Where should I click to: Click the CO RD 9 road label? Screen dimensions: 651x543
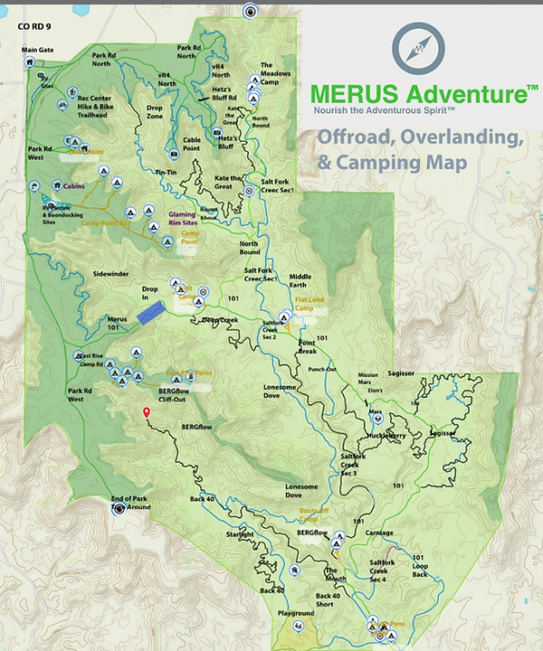[x=36, y=26]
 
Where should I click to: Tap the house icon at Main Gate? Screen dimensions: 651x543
[x=30, y=62]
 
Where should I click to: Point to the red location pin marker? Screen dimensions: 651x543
[x=146, y=413]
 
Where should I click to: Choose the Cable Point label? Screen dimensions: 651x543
[x=191, y=144]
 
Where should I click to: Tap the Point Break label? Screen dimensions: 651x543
[x=313, y=347]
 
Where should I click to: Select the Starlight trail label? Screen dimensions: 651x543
[x=240, y=535]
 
